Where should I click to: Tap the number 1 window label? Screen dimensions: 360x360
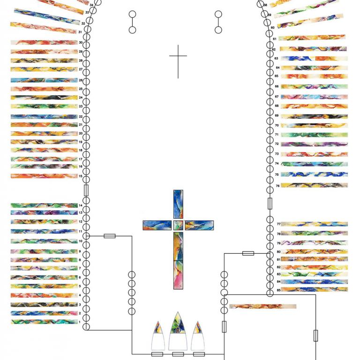tap(81, 322)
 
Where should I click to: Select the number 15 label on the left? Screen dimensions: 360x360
tap(81, 176)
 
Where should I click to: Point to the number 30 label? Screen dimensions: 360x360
tap(81, 43)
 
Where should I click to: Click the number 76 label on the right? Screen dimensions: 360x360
tap(277, 186)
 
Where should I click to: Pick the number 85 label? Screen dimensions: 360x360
tap(278, 290)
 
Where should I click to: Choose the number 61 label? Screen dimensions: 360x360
tap(274, 39)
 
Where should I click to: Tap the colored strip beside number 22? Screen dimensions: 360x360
tap(44, 116)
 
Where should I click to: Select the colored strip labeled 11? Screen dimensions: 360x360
tap(44, 231)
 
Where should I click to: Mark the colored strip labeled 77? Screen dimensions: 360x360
tap(314, 224)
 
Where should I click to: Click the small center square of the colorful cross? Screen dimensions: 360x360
tap(178, 225)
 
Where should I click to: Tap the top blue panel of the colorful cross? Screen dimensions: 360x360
tap(178, 204)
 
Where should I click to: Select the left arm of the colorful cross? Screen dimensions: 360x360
tap(157, 225)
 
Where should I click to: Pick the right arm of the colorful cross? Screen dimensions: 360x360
tap(199, 225)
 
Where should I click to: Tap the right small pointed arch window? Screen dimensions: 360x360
tap(198, 336)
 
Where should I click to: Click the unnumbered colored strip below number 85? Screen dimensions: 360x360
tap(262, 307)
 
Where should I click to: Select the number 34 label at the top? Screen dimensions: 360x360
tap(91, 4)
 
